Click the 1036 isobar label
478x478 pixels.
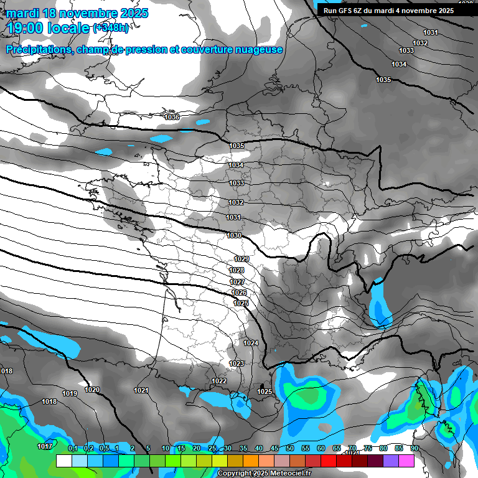[172, 117]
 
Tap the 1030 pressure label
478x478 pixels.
[234, 235]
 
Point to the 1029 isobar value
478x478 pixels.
[241, 259]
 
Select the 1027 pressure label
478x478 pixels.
[237, 282]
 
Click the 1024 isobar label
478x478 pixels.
[251, 343]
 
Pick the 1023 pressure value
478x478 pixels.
[237, 363]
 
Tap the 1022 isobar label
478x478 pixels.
[219, 381]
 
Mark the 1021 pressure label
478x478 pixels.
[141, 390]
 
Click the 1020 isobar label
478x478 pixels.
[92, 390]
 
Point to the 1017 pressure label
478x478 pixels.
[44, 446]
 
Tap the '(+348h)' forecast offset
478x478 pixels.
[111, 27]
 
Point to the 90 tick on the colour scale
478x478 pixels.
[414, 448]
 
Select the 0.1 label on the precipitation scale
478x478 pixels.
[73, 448]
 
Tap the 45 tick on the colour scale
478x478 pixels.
[274, 448]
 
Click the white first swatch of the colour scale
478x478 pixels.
[63, 461]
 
